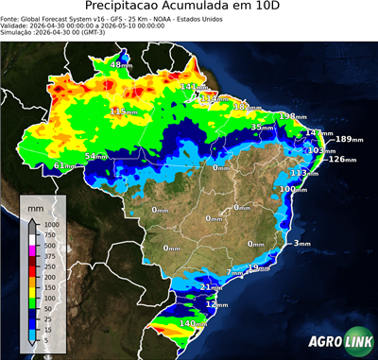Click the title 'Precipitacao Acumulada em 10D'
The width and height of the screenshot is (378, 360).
(x=190, y=8)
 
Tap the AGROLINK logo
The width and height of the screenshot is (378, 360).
(x=336, y=342)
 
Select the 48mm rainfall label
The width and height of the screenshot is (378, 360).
(x=122, y=64)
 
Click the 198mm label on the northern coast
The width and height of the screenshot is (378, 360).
(x=294, y=116)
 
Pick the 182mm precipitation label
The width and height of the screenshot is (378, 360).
(x=248, y=108)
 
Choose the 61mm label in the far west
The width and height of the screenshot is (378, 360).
(x=65, y=166)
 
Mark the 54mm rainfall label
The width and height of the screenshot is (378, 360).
(x=96, y=156)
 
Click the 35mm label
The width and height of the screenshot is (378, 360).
(x=259, y=127)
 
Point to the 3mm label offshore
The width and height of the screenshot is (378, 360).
(x=302, y=244)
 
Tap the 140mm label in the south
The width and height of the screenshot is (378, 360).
(x=194, y=324)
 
